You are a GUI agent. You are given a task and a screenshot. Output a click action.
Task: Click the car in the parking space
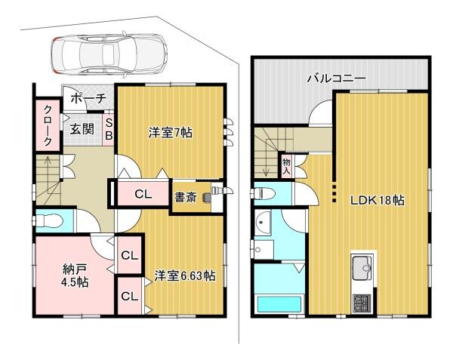(x=109, y=54)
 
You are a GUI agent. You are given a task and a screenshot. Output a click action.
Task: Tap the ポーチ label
(x=88, y=98)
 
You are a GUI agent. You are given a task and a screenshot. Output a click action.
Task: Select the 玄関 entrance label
(x=82, y=129)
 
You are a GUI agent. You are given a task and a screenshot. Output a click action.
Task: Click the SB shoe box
(x=109, y=129)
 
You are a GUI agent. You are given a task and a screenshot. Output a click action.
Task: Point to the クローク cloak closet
(x=48, y=125)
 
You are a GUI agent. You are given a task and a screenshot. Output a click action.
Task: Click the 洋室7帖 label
(x=171, y=133)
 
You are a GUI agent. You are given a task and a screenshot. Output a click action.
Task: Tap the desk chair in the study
(x=207, y=197)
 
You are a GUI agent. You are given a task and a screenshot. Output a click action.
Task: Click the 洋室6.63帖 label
(x=185, y=275)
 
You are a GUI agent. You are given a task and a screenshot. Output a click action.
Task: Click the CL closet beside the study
(x=143, y=194)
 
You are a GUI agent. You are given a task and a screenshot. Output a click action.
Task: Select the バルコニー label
(x=336, y=78)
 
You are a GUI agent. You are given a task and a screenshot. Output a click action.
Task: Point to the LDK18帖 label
(x=377, y=200)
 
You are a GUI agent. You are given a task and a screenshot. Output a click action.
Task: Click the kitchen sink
(x=362, y=268)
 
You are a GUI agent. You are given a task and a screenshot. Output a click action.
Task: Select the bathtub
(x=279, y=303)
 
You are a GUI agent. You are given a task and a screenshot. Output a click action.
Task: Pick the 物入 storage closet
(x=286, y=167)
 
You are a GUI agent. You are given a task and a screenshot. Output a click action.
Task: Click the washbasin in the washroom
(x=263, y=223)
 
